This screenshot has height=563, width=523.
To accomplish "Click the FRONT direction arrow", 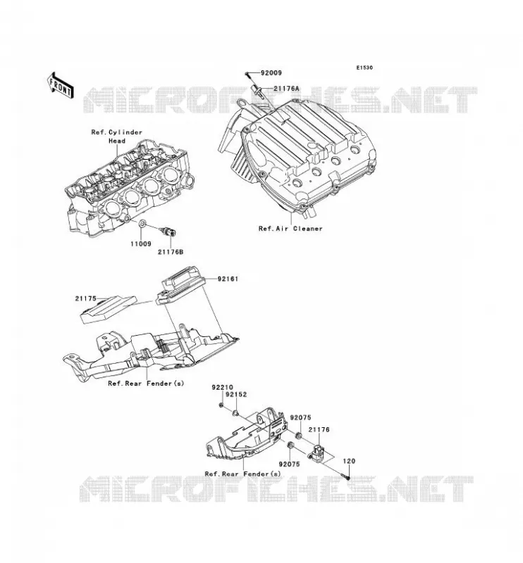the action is point(60,85).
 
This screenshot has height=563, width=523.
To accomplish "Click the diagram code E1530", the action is point(364,68).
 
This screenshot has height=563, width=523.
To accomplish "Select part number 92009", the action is point(271,73).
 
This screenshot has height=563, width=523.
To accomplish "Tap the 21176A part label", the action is point(286,89).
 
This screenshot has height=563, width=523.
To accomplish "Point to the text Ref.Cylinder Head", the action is point(117,137).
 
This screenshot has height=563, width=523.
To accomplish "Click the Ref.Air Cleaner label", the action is point(290,228).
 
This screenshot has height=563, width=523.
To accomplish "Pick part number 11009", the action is point(141,243).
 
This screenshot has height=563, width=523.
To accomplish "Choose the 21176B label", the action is point(171,252).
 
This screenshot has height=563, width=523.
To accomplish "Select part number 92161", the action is point(228,279).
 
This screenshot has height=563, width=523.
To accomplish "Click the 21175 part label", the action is point(85,298).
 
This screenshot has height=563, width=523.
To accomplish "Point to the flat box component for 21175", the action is point(108,310).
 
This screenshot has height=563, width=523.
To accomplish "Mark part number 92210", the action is point(222,388).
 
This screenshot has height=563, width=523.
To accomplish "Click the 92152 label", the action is point(236,395).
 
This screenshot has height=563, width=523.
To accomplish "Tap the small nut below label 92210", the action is point(222,406).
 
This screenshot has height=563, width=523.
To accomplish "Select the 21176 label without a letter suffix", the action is point(319,429).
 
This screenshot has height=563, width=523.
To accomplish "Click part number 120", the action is point(349,461).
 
